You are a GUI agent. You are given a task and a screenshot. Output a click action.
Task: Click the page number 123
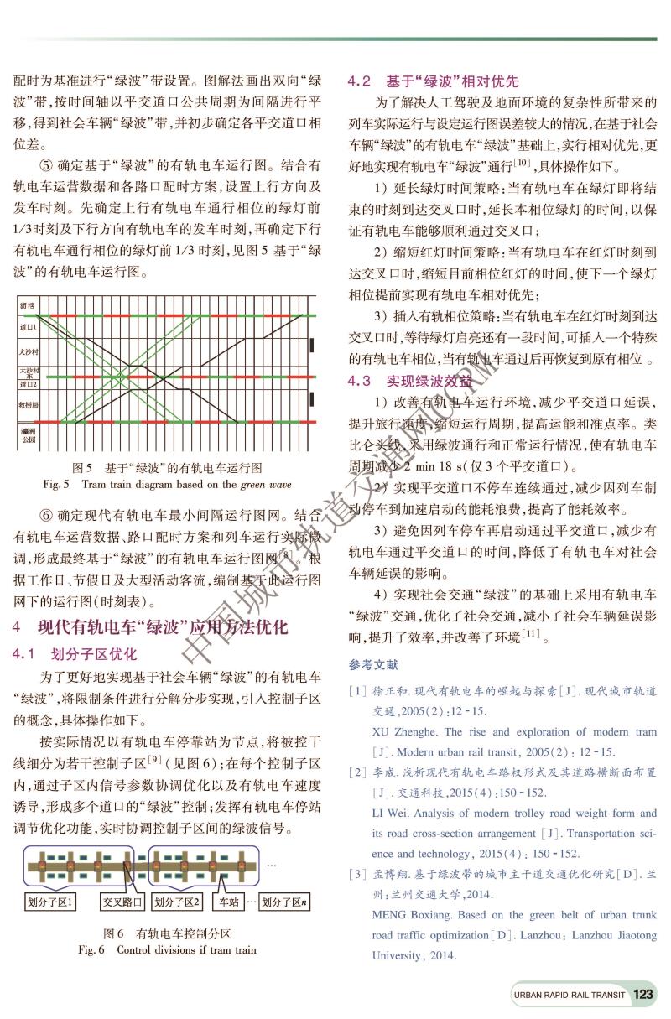[x=643, y=995]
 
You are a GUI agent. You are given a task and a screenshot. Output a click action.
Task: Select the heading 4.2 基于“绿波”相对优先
[x=433, y=81]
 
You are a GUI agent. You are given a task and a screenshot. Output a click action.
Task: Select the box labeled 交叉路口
[x=122, y=902]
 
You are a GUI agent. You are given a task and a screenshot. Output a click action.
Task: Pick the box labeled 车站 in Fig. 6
[x=229, y=902]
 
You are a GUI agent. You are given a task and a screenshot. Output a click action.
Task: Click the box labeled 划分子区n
[x=285, y=902]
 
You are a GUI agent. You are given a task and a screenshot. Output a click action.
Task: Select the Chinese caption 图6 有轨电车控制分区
[x=167, y=933]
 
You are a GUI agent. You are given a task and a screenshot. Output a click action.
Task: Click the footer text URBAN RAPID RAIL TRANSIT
[x=570, y=996]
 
